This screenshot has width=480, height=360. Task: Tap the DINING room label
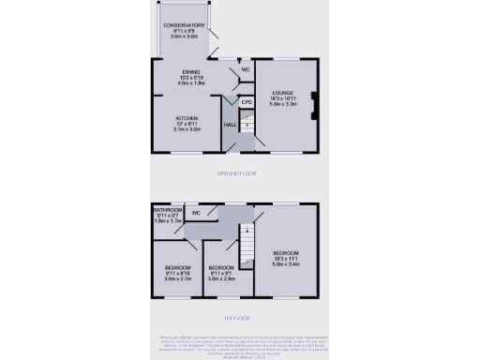190,72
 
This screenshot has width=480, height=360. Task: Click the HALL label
230,125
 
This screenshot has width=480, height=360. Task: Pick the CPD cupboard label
247,102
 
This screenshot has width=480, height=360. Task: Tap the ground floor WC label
245,70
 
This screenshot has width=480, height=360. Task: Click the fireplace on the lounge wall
315,105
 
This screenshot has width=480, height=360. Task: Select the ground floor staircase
246,122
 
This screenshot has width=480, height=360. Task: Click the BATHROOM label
169,210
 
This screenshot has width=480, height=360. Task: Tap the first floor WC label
196,214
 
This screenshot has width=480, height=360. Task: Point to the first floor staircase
247,244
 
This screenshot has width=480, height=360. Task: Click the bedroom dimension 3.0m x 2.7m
177,278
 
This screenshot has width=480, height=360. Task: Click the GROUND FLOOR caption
239,173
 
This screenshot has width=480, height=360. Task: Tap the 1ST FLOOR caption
239,319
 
